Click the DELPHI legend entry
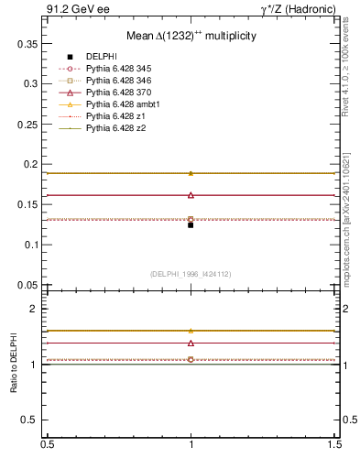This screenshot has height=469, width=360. coord(101,57)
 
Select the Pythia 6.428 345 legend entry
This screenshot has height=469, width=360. coord(119,69)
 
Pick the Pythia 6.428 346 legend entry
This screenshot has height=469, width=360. coord(119,81)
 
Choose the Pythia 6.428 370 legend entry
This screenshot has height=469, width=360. coord(119,93)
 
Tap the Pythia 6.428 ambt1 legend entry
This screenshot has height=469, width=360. coord(122,104)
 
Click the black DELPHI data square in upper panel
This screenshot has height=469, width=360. coord(191,224)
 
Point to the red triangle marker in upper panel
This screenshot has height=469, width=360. coord(191,195)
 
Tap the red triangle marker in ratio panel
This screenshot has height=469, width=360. coord(191,343)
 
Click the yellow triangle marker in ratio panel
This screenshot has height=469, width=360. coord(191,331)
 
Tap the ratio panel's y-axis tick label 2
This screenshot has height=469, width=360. coord(35,309)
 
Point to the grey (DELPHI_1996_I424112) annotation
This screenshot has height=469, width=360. coord(191,274)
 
